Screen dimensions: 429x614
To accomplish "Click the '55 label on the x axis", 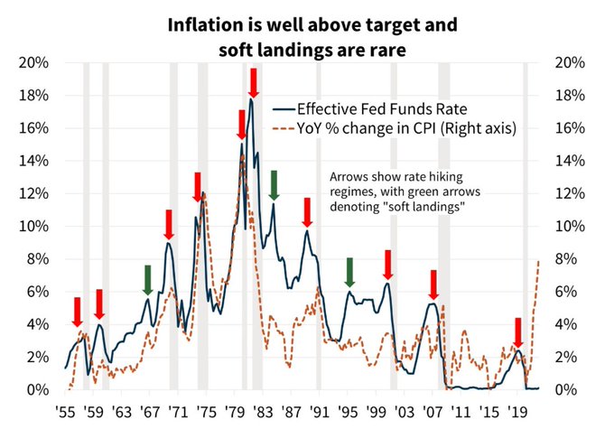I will (65, 408).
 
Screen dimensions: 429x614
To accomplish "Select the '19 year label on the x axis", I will (516, 408).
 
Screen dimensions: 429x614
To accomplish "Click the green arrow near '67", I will (147, 280).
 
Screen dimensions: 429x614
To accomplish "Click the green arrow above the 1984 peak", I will (274, 184).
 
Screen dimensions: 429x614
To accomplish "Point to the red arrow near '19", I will (518, 331).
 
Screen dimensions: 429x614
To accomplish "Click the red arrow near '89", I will (307, 211).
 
